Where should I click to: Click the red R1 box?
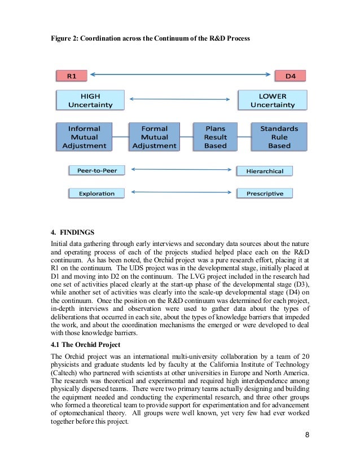click(x=71, y=76)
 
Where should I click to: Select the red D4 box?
click(x=290, y=76)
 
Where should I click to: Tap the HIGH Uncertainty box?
click(x=90, y=100)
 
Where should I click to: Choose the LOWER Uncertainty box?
click(x=273, y=100)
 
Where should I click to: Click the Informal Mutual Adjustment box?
click(x=84, y=137)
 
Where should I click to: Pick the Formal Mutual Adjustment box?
click(x=154, y=137)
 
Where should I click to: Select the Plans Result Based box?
click(x=215, y=137)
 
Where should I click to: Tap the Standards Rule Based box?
click(x=279, y=137)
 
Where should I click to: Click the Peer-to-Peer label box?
click(x=96, y=170)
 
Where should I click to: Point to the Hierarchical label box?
click(x=265, y=171)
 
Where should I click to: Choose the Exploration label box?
click(x=96, y=194)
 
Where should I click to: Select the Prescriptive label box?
click(x=265, y=194)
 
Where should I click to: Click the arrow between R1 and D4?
click(x=180, y=74)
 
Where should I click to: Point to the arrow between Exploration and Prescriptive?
click(x=180, y=192)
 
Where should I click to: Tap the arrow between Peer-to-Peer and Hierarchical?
click(x=180, y=169)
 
